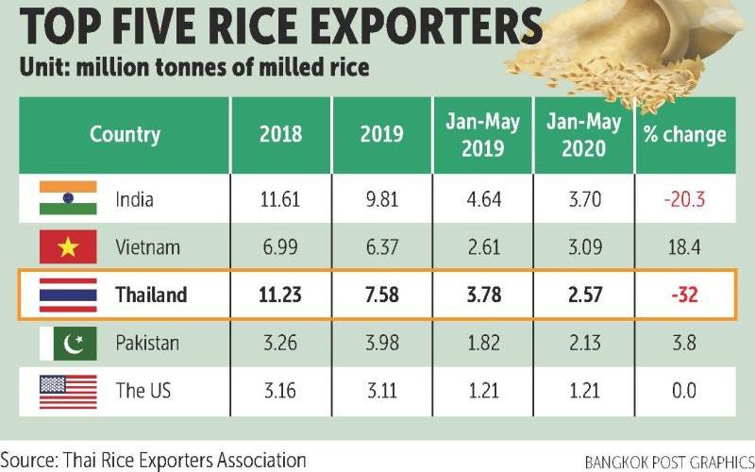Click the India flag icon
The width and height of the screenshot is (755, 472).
[x=68, y=199]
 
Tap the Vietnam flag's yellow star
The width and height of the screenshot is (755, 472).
[x=68, y=247]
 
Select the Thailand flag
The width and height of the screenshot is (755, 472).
[x=68, y=295]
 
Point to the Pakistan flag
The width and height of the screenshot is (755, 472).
[x=68, y=342]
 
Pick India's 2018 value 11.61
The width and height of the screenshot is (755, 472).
[x=280, y=200]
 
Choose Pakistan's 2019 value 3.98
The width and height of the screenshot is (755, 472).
[x=380, y=342]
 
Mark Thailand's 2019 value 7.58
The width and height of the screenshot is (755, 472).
[x=380, y=295]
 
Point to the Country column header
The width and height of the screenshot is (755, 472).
[x=125, y=134]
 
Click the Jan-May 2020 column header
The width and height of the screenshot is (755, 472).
[x=584, y=134]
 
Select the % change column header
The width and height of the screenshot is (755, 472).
[x=684, y=134]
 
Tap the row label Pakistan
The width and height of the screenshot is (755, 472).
[x=147, y=342]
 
